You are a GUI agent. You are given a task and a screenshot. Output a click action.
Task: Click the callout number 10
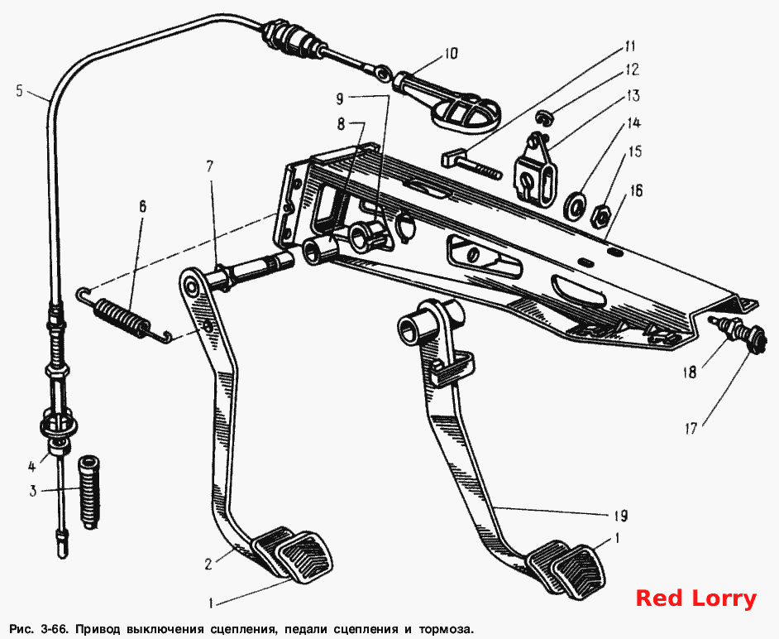pos(451,53)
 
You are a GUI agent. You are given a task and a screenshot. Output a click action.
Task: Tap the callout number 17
pos(691,428)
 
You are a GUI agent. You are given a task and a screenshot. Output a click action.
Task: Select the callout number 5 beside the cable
pos(19,92)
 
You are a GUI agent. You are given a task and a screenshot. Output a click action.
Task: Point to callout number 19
pos(620,516)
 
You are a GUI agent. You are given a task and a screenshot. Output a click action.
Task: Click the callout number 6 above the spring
pos(142,206)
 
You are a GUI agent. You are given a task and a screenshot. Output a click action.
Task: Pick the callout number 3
pos(33,492)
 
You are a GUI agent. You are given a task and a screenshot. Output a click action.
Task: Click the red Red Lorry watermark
pos(696,598)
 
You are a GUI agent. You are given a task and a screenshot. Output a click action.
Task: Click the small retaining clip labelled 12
pos(545,118)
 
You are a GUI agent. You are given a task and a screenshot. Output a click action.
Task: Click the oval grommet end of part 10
pos(465,115)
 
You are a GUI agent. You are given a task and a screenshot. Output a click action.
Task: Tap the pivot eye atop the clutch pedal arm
pos(191,284)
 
